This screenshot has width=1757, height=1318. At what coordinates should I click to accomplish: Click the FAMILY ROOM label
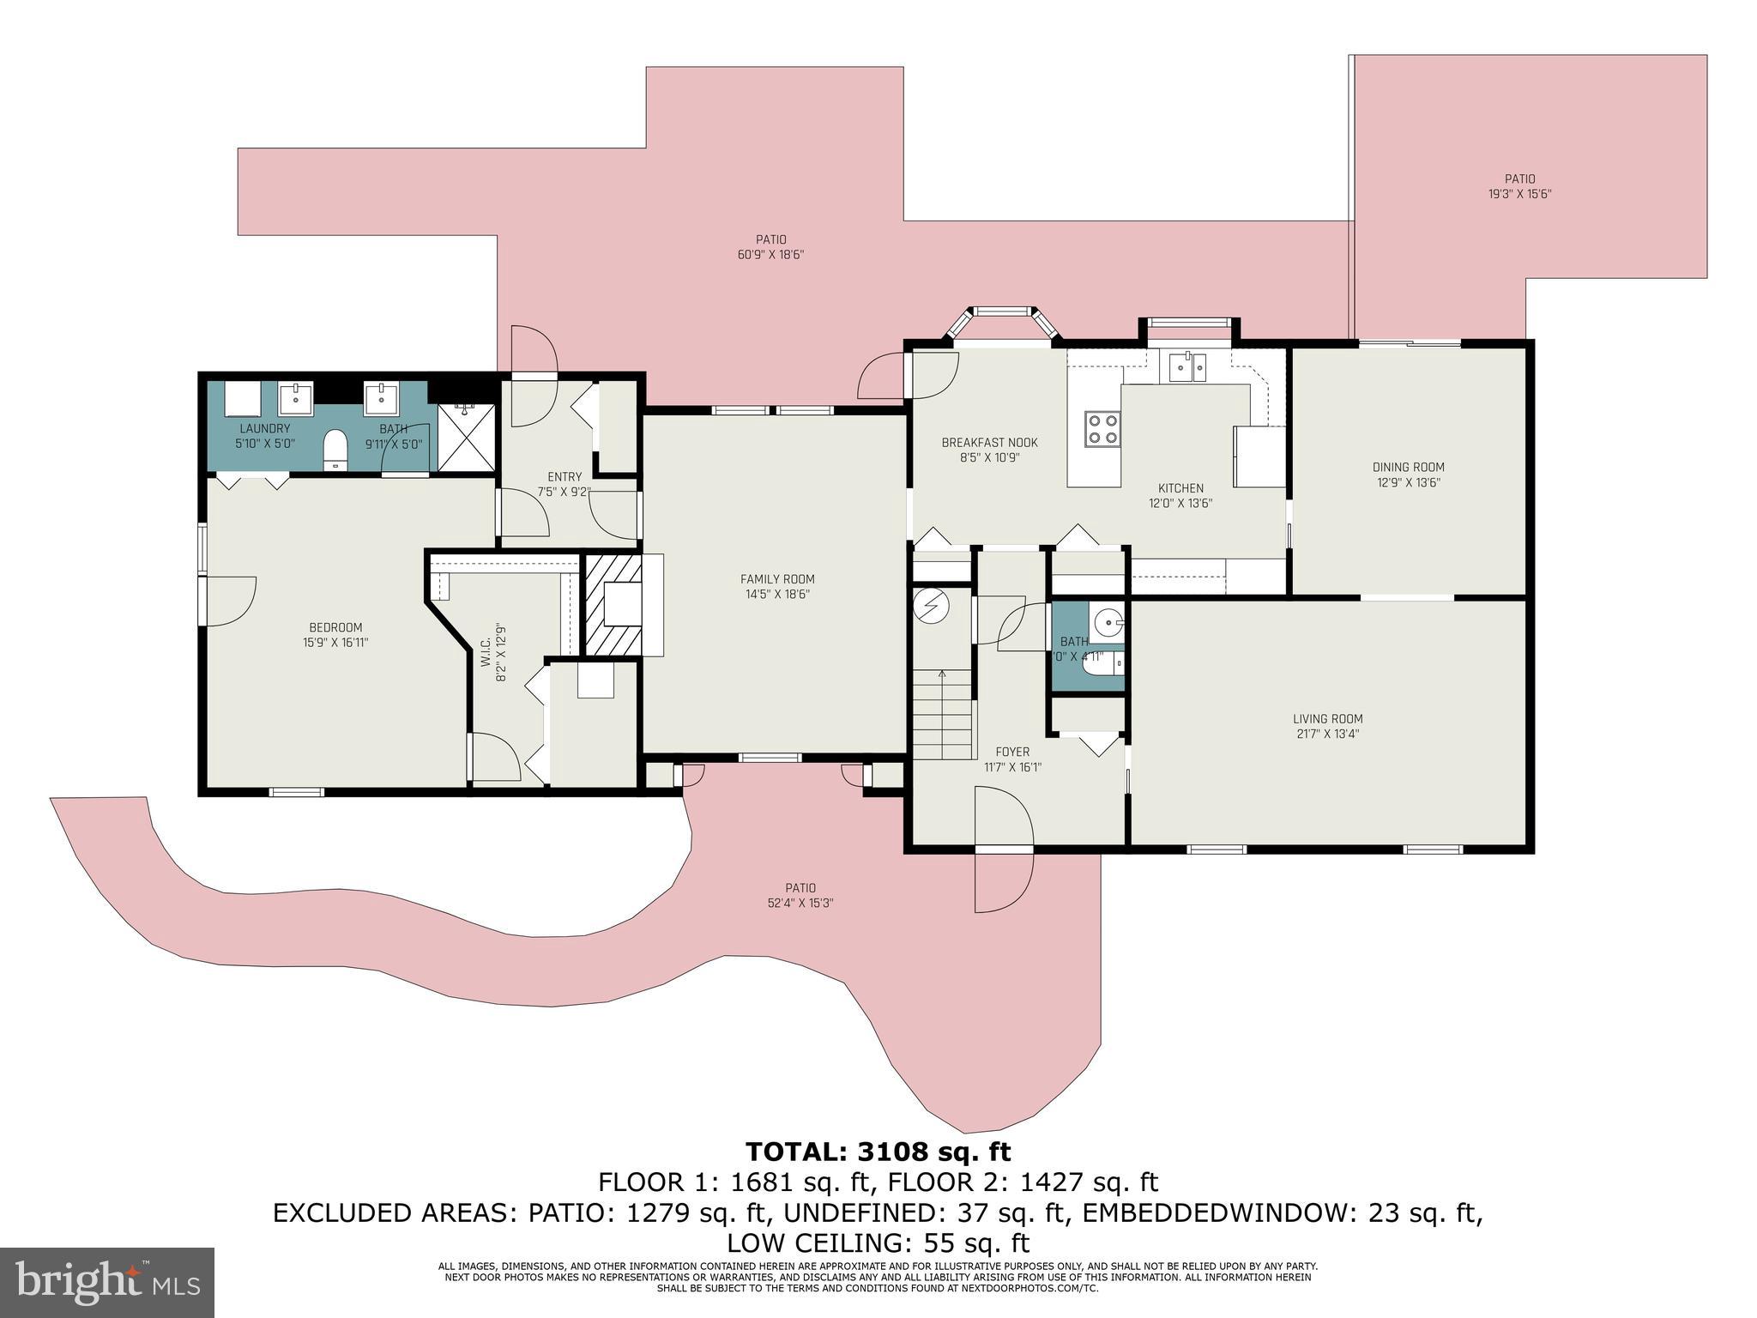[777, 579]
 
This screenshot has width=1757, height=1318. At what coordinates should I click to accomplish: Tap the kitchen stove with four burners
[1102, 428]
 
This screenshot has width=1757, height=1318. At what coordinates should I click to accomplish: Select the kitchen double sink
[1188, 367]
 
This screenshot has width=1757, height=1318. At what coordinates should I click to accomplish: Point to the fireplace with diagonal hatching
[613, 604]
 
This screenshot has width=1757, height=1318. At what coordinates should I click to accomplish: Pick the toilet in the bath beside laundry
[335, 450]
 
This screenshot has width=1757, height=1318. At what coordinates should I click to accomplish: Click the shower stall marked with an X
[467, 438]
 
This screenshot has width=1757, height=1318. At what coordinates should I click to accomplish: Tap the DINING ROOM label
[1408, 468]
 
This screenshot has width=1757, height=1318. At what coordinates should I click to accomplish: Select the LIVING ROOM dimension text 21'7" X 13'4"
[1327, 734]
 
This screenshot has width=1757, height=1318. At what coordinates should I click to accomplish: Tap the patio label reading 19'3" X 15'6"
[1519, 194]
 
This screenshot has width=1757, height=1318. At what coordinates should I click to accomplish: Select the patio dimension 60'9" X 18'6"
[770, 255]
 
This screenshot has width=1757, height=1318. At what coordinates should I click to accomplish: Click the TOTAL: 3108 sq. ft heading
[878, 1151]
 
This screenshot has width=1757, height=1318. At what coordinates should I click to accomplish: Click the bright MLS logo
[107, 1282]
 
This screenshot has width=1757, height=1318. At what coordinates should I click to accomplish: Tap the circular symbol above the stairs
[931, 606]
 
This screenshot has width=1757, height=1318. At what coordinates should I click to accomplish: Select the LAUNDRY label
[264, 428]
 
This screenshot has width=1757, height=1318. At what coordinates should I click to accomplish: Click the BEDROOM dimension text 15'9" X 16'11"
[335, 642]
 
